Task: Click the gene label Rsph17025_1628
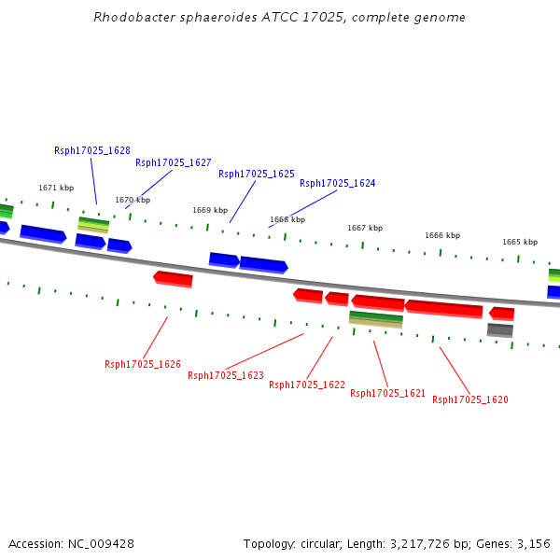point(92,150)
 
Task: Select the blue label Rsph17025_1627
point(174,162)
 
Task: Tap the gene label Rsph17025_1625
point(257,174)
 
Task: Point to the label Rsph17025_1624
point(338,183)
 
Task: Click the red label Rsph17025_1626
point(143,364)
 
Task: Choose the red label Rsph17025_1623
point(226,375)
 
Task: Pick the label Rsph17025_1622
point(307,385)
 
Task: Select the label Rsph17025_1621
point(388,393)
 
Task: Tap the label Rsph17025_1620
point(470,399)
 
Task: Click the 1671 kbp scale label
point(56,188)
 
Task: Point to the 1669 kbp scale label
point(210,210)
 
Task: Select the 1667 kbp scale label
point(365,228)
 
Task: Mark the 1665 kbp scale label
point(520,242)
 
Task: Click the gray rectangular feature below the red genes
point(500,330)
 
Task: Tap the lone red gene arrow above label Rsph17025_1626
point(174,279)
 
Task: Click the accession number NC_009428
point(101,544)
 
